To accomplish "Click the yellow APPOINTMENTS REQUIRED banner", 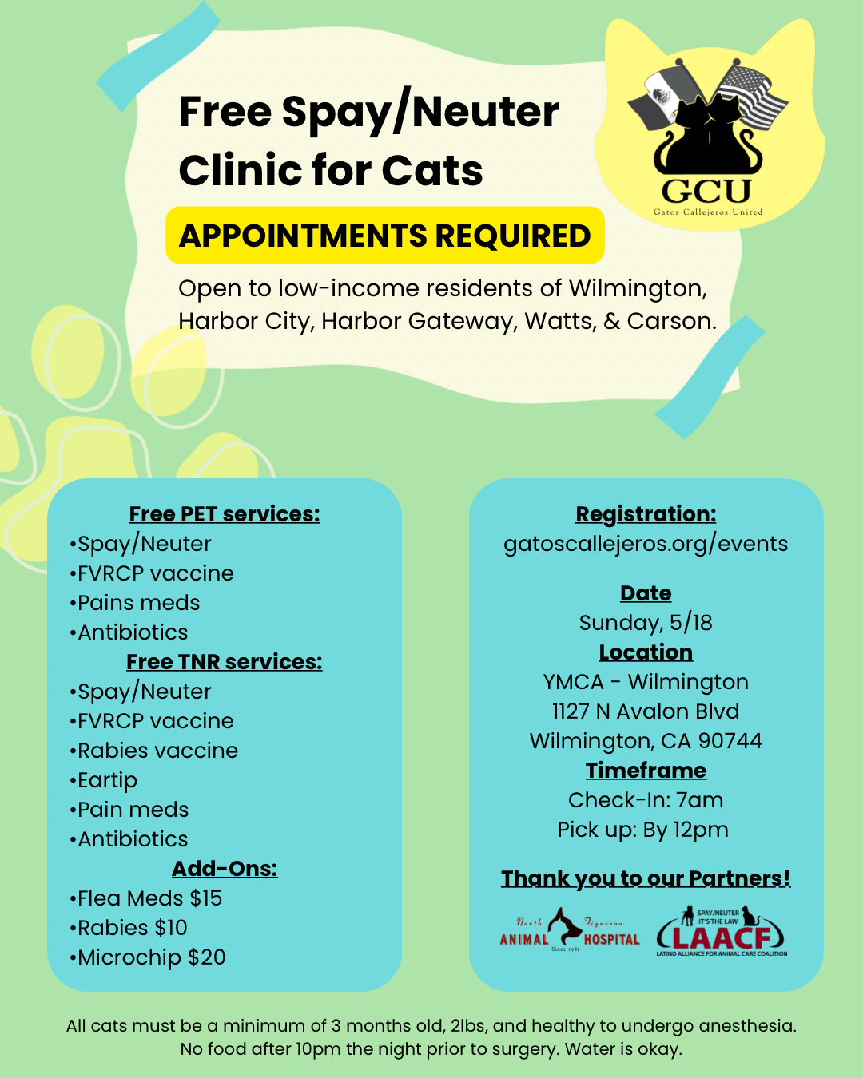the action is [x=384, y=236].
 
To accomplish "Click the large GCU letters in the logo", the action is [x=706, y=191].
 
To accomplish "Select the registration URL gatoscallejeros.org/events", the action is [x=646, y=544].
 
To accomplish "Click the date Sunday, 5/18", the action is [x=646, y=623].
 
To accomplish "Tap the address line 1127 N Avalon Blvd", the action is [x=646, y=711].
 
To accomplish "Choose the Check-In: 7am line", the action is [x=646, y=800].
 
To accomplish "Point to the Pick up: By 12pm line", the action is [x=643, y=830].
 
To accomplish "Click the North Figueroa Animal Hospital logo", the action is [x=569, y=932].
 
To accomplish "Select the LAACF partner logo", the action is [x=722, y=932].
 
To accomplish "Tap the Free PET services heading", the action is [x=225, y=514].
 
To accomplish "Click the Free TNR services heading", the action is [x=225, y=662].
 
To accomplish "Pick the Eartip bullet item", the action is [x=107, y=780].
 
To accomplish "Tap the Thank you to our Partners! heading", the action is [x=646, y=878].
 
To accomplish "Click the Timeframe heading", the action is [x=646, y=771].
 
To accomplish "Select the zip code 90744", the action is [x=730, y=741].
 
